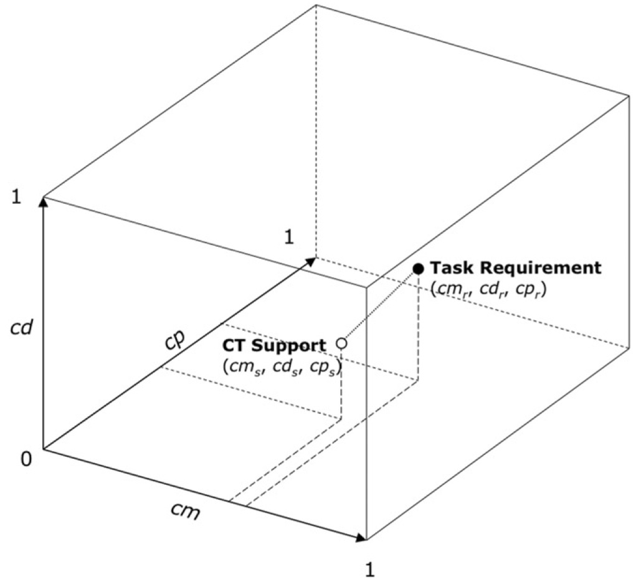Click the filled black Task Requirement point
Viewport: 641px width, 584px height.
tap(418, 268)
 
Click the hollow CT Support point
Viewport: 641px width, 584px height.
tap(342, 343)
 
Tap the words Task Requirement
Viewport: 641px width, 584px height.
tap(516, 268)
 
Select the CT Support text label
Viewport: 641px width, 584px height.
tap(274, 345)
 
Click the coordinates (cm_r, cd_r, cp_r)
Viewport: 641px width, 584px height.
tap(488, 289)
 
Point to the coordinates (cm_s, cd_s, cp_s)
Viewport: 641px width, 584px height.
tap(282, 366)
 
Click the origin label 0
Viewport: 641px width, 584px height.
tap(26, 459)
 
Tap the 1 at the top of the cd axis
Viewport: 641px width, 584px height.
tap(16, 198)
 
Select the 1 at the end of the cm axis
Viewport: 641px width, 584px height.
tap(370, 570)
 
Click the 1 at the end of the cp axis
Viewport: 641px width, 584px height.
tap(289, 237)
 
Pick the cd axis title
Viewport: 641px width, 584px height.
tap(21, 328)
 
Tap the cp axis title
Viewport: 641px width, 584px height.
tap(176, 338)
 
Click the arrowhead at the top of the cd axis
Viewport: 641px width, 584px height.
tap(43, 202)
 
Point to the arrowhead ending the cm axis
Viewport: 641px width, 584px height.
tap(361, 538)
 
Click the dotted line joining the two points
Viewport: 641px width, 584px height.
tap(380, 306)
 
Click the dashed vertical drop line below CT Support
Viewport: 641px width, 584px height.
tap(342, 383)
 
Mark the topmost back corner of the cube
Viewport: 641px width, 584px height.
tap(316, 5)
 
